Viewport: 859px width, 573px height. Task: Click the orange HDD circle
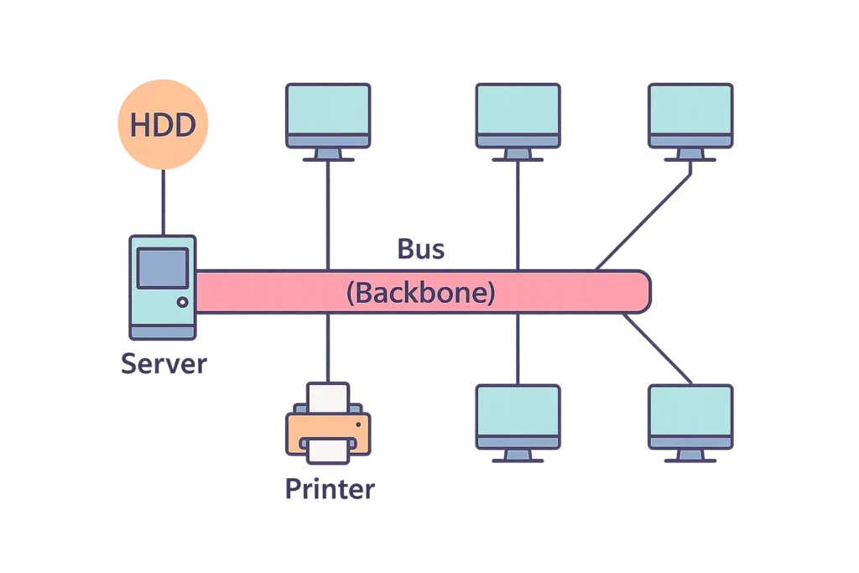[x=163, y=125]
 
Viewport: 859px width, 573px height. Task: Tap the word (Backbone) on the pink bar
[x=420, y=293]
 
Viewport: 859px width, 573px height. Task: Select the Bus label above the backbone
[x=420, y=249]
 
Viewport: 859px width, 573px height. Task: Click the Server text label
[x=163, y=364]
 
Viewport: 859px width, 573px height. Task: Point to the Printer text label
[x=327, y=490]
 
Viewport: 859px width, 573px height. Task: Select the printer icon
[x=328, y=425]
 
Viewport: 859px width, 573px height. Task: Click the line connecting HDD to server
[x=163, y=201]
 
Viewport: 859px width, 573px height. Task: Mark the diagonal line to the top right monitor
[x=644, y=216]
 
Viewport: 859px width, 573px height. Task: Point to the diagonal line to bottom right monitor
[x=659, y=351]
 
